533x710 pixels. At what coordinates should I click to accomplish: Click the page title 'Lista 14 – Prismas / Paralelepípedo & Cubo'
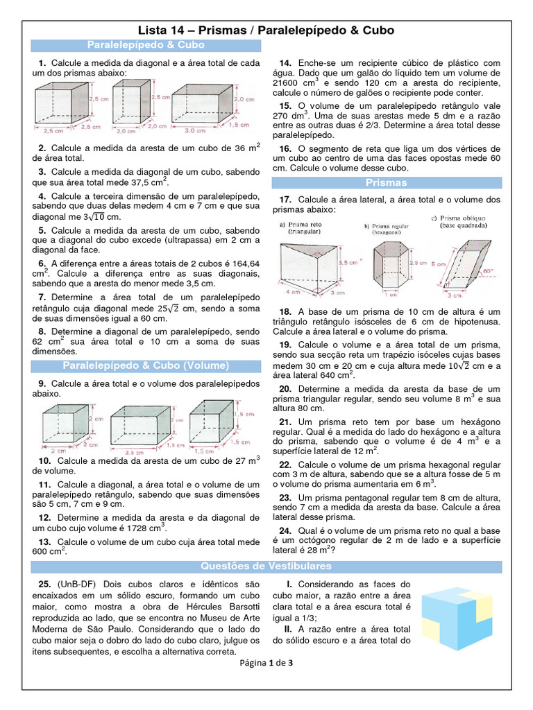[266, 31]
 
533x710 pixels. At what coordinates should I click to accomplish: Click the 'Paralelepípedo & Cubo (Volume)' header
[146, 365]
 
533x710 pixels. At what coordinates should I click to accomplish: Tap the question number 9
[42, 383]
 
